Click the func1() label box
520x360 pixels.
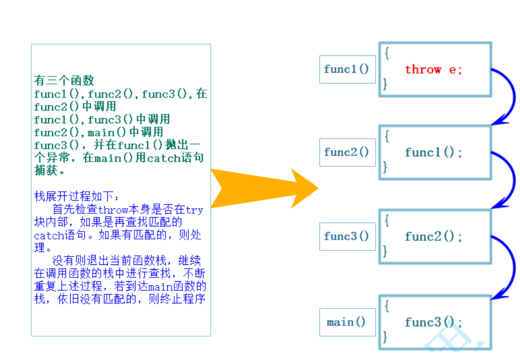[347, 69]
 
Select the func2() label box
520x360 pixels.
[347, 152]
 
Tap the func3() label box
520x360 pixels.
[347, 236]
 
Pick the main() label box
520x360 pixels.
[347, 322]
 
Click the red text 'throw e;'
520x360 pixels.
[433, 70]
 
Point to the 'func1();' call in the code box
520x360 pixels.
[433, 152]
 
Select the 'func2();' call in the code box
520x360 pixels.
[433, 236]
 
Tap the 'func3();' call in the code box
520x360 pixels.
[433, 322]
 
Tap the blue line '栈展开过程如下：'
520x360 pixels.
[77, 196]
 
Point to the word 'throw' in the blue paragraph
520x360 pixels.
[114, 210]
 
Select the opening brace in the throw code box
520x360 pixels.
[386, 52]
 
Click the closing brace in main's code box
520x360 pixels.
[385, 337]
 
